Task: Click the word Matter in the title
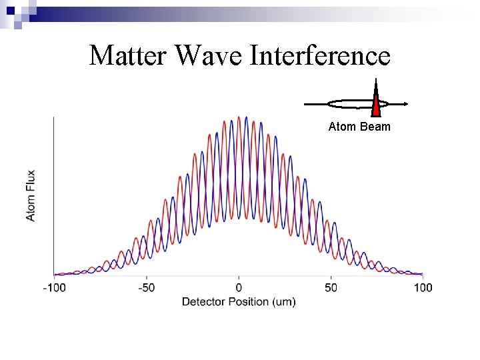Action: coord(129,55)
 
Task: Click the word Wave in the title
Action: coord(210,55)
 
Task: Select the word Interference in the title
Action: coord(320,55)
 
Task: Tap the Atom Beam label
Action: coord(359,127)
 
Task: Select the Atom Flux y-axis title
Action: coord(31,195)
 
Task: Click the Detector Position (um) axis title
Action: coord(239,302)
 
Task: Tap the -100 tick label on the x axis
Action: coord(55,287)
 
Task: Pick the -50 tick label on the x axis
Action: coord(146,287)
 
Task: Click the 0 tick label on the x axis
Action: coord(239,287)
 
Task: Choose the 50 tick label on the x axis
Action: coord(331,287)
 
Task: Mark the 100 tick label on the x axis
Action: coord(423,287)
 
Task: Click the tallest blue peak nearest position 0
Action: coord(247,119)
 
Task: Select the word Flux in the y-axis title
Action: coord(31,181)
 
